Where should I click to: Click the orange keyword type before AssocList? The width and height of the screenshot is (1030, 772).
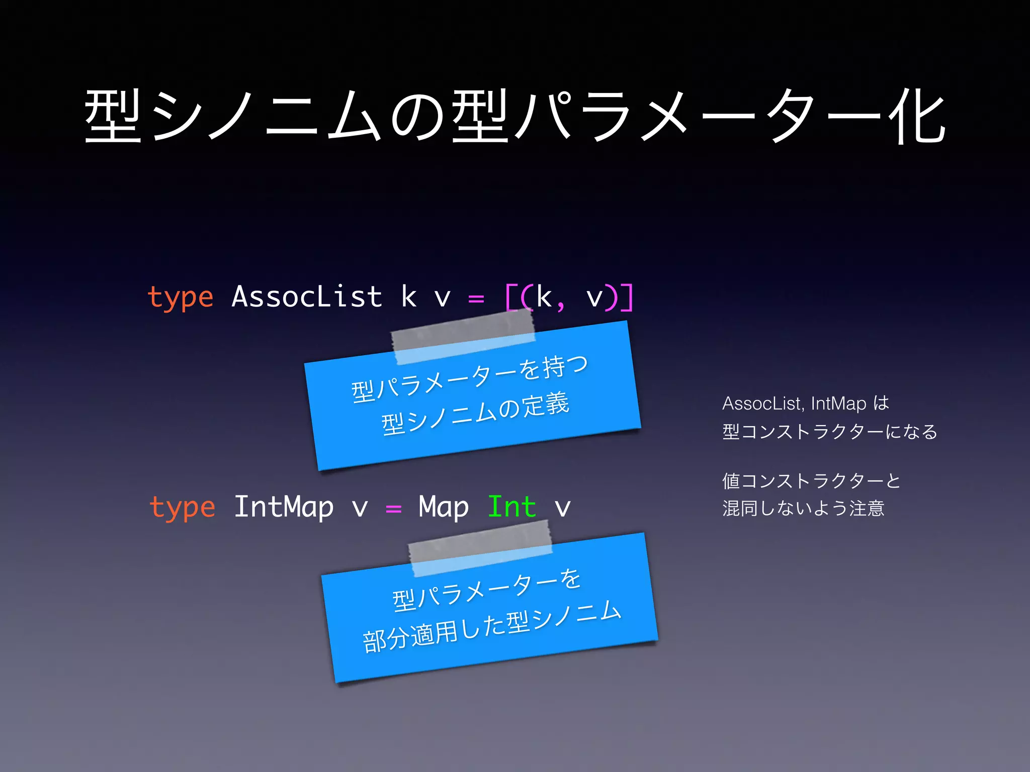(180, 298)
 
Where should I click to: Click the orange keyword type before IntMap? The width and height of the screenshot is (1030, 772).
(182, 508)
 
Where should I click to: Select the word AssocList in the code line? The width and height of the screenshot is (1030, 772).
(306, 297)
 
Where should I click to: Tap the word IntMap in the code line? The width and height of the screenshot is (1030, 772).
(284, 507)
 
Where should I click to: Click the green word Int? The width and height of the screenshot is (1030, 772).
(511, 507)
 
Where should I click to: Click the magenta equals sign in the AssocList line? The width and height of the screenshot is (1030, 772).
(476, 299)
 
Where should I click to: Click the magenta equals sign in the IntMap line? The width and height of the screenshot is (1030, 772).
(393, 509)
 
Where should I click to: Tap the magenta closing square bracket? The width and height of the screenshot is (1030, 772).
(627, 298)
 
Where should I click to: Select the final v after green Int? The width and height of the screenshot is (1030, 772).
(562, 508)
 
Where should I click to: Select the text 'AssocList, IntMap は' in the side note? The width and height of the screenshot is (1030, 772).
(805, 403)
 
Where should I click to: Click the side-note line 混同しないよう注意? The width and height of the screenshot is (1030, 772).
(803, 508)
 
